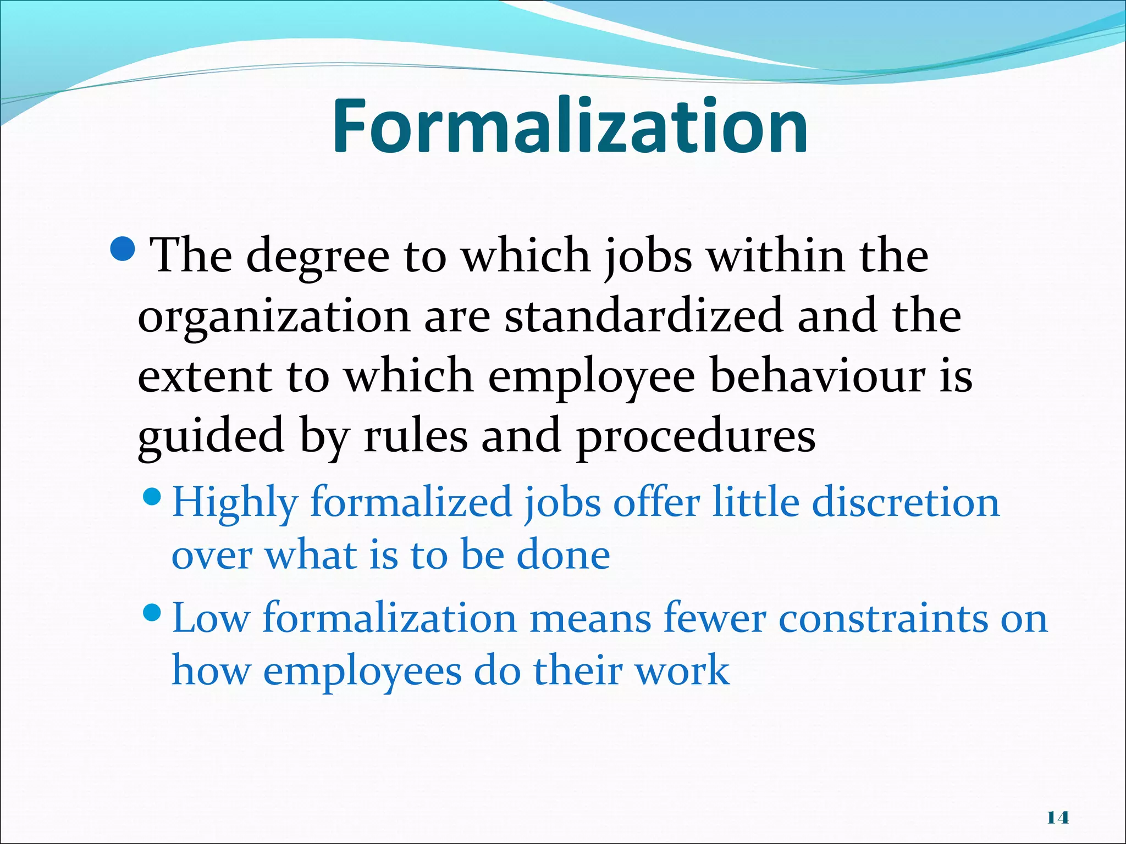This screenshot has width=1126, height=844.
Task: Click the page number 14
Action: click(x=1058, y=818)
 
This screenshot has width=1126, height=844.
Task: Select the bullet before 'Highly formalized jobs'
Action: click(x=151, y=498)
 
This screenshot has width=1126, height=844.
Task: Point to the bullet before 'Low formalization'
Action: click(x=151, y=612)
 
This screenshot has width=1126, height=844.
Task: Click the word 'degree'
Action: click(x=317, y=257)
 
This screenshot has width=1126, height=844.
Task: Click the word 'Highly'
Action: click(x=235, y=503)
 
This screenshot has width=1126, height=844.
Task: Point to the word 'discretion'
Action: click(x=905, y=502)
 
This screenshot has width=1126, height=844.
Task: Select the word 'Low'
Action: click(x=211, y=618)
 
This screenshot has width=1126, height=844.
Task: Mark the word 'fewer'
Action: click(x=714, y=618)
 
